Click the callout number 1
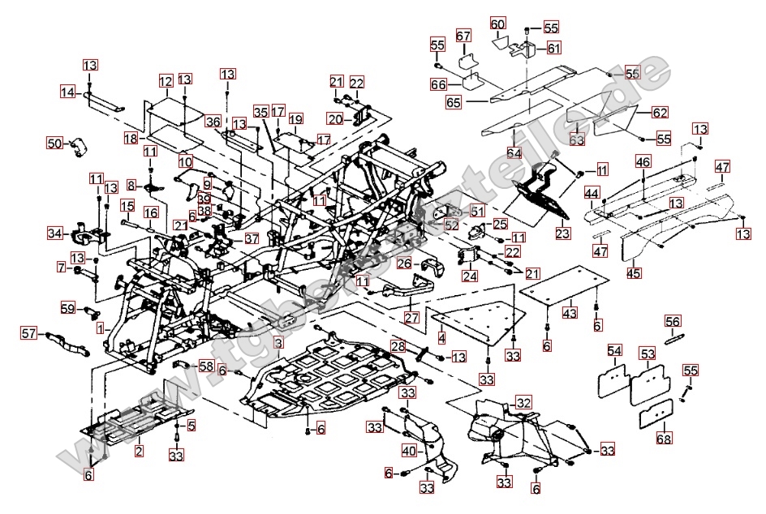(100, 328)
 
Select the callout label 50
(54, 143)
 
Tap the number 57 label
(29, 332)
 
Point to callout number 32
(523, 403)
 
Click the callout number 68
(664, 439)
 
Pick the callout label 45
(634, 272)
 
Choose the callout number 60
(497, 24)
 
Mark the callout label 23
(562, 232)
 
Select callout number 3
(278, 344)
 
